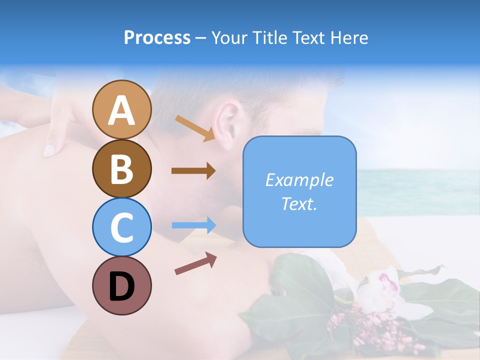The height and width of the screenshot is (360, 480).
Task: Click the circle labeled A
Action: [x=121, y=110]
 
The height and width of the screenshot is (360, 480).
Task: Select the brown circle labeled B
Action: [x=121, y=168]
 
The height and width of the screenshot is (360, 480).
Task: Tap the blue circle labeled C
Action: [x=121, y=227]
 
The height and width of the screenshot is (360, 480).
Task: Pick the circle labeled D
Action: [x=121, y=285]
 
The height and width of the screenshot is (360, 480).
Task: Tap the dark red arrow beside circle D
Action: [x=195, y=263]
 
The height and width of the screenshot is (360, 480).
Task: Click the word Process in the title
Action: [x=157, y=38]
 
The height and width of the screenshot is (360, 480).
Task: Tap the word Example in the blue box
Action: [x=299, y=180]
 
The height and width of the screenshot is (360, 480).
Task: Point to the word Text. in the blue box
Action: [x=299, y=203]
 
